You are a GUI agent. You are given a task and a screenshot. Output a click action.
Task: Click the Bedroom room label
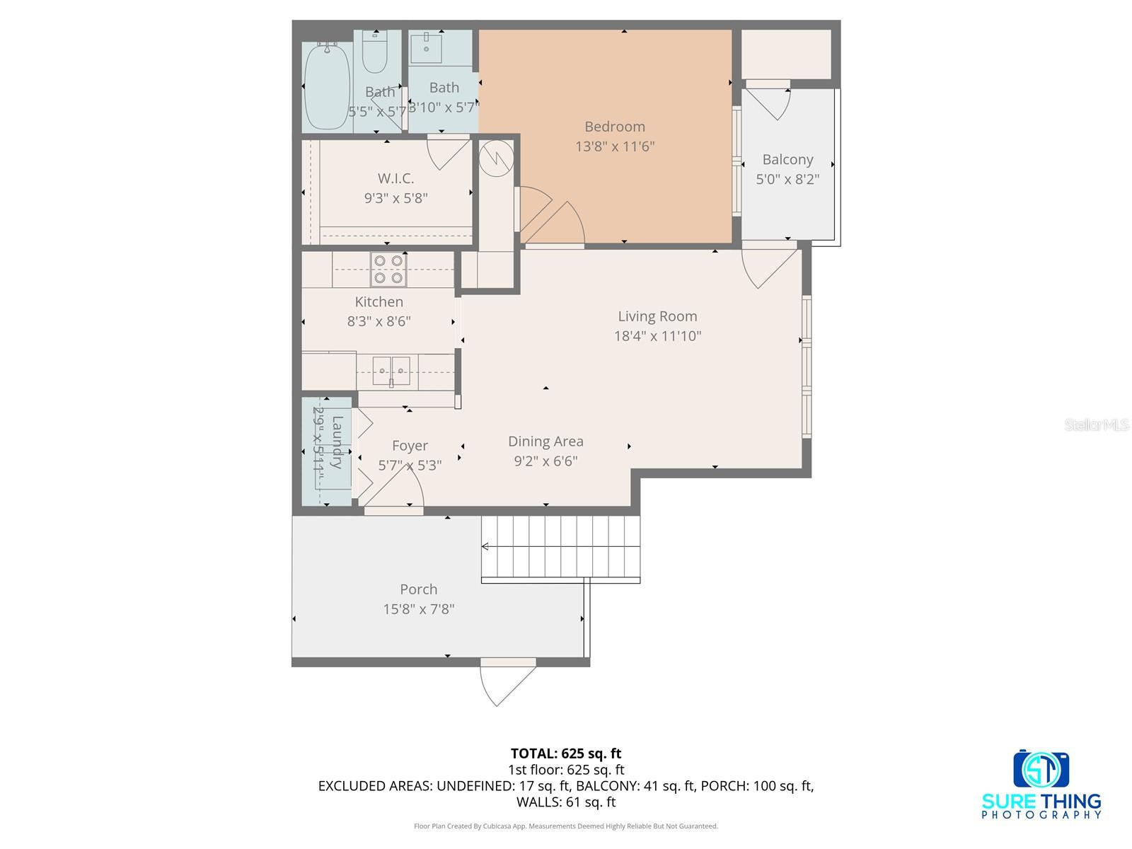[x=614, y=127]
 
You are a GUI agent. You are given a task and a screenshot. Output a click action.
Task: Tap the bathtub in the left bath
[x=327, y=85]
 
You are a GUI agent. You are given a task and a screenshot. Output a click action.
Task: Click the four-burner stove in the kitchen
[x=388, y=270]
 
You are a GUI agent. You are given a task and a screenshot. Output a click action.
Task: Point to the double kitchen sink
[x=391, y=371]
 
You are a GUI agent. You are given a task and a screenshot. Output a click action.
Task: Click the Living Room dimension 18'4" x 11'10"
[x=657, y=336]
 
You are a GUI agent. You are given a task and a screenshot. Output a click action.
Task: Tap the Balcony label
[x=787, y=160]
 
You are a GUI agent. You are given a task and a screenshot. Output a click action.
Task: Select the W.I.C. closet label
[x=395, y=178]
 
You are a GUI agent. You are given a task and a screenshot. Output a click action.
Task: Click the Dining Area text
[x=545, y=441]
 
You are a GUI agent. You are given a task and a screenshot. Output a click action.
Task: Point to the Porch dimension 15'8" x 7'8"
[x=419, y=609]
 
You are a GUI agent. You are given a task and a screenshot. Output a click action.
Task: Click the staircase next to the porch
[x=561, y=547]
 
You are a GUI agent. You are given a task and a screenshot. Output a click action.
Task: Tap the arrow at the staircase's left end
[x=485, y=546]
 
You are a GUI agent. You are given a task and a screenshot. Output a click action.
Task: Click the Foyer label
[x=410, y=446]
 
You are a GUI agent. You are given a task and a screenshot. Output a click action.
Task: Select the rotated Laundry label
[x=337, y=442]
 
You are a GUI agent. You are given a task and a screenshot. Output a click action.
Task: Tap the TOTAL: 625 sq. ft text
[x=566, y=753]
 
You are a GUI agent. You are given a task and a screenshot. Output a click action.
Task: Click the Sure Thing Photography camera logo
[x=1041, y=769]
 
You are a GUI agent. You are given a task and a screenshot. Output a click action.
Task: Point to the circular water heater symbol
[x=495, y=157]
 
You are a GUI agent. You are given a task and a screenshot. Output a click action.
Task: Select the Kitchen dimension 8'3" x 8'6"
[x=379, y=321]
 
